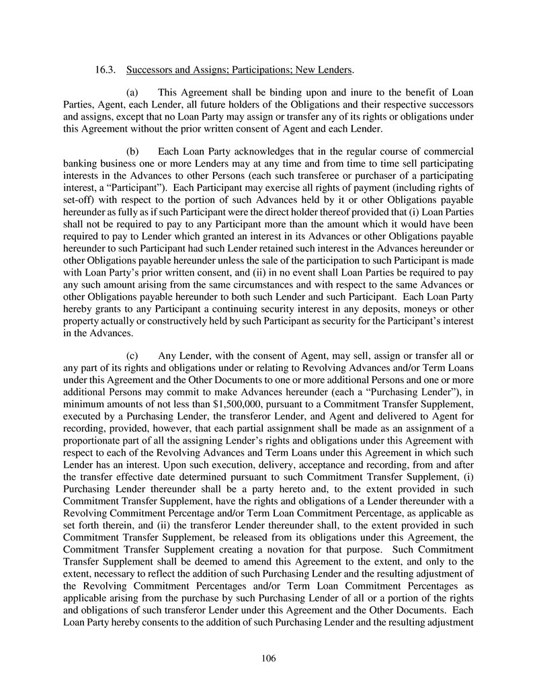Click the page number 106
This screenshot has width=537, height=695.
click(268, 659)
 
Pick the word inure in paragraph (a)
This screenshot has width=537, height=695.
click(327, 91)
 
